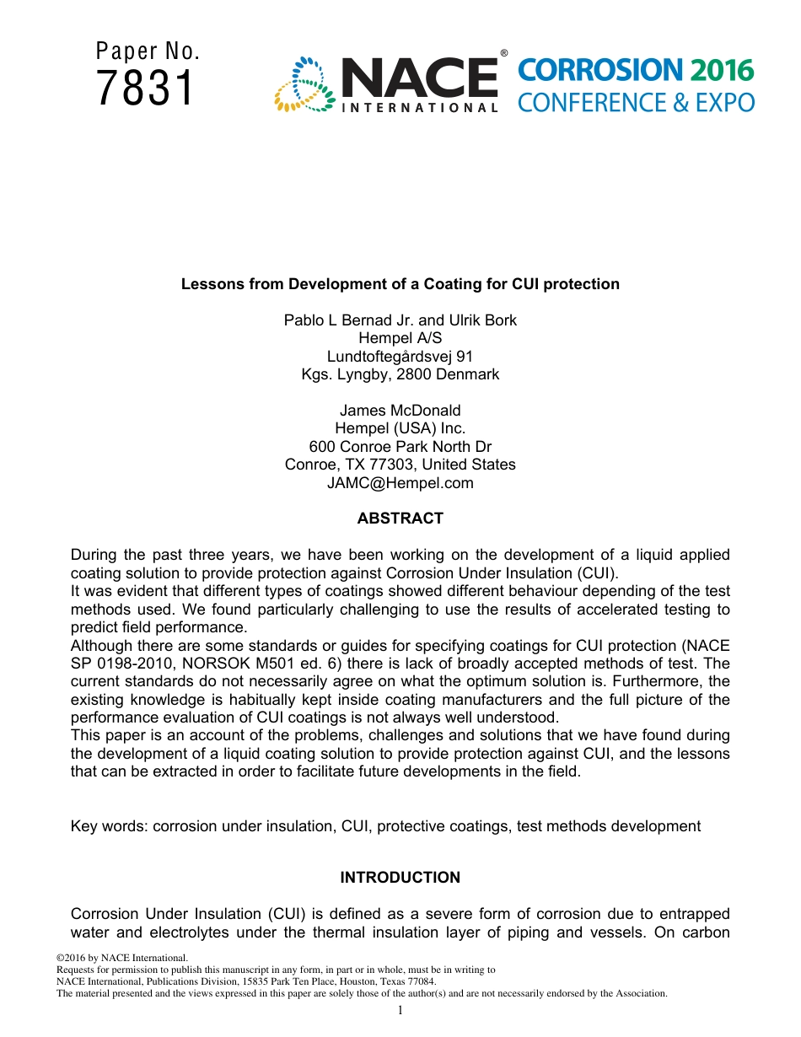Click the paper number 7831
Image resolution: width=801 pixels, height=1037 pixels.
pos(145,89)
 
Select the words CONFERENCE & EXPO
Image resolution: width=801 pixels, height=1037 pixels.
pos(636,103)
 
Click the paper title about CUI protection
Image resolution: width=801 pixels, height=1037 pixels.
pos(400,284)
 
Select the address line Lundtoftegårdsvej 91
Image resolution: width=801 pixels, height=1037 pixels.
pos(400,357)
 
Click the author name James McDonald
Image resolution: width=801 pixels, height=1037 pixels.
pos(400,411)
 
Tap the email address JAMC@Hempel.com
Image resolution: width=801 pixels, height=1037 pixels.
pos(400,483)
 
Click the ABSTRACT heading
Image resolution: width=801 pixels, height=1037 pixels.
pos(400,518)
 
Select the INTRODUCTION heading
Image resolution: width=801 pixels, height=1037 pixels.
pos(400,878)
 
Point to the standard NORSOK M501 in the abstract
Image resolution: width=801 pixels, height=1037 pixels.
pos(197,664)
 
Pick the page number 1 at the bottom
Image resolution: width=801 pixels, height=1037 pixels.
pos(400,1010)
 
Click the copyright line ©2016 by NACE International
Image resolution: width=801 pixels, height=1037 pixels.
pos(121,958)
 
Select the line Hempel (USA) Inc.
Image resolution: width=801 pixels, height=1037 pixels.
pos(400,428)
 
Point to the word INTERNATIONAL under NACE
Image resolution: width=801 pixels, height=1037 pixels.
pos(419,107)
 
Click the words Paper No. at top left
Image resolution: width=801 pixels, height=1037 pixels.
pos(148,51)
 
